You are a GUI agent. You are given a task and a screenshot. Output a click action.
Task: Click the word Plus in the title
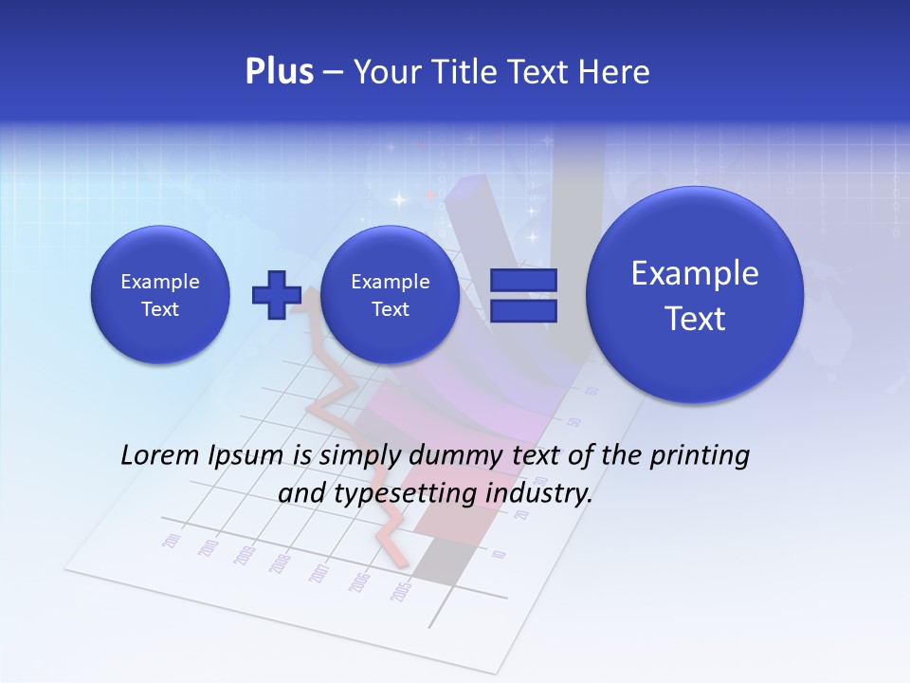[x=279, y=72]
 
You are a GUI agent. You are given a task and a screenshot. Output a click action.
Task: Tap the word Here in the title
[x=614, y=72]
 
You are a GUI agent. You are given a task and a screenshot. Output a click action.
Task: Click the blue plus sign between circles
[x=276, y=295]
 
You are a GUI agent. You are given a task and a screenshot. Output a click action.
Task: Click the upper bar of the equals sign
[x=523, y=280]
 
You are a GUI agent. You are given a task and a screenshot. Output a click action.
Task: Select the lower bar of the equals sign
[x=523, y=311]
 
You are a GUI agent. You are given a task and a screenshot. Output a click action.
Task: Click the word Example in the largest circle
[x=695, y=273]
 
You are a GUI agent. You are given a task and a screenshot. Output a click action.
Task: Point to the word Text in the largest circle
[x=695, y=319]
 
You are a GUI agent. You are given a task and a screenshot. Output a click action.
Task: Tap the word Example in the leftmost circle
[x=160, y=282]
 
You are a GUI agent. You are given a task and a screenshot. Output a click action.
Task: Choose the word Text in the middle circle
[x=391, y=309]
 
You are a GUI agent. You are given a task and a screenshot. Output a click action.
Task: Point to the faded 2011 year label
[x=173, y=542]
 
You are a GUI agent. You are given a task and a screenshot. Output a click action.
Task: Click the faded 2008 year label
[x=280, y=563]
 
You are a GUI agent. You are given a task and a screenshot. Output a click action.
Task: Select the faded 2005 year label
[x=401, y=592]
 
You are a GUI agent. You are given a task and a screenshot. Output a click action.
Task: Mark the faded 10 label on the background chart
[x=500, y=555]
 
